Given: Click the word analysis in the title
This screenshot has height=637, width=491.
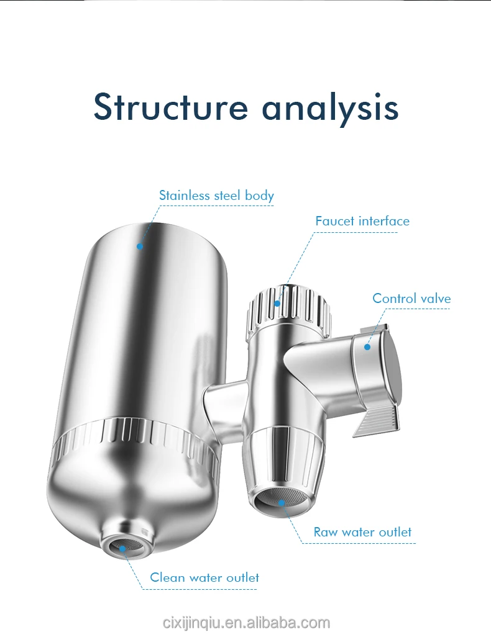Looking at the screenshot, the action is tap(329, 108).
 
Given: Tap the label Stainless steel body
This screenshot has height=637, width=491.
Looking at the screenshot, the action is tap(216, 196).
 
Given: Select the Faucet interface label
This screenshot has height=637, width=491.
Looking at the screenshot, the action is tap(362, 221).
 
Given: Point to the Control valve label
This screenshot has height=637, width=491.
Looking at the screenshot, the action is tap(411, 299).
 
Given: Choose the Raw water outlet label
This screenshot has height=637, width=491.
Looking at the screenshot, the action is tap(362, 532).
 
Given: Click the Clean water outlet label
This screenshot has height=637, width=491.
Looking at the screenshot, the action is tap(204, 577).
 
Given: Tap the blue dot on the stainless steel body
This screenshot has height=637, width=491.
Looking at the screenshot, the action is tap(140, 246).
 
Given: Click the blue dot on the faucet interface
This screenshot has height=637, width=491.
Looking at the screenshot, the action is tap(277, 304).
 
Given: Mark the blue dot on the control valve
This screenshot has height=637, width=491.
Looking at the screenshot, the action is tap(367, 348).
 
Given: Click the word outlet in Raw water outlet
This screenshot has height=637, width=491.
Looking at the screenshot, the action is tap(395, 532).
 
